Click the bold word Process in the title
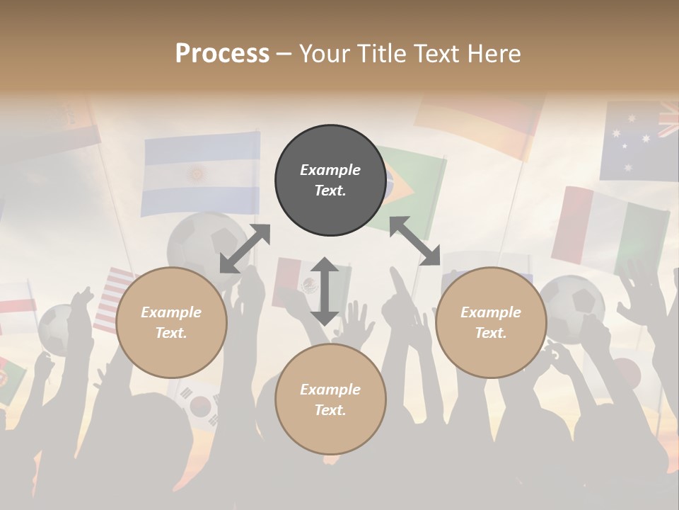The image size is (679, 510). pos(222,54)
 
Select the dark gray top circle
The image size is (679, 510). pos(330,180)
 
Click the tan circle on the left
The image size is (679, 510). pos(171,322)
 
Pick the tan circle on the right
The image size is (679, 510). pos(491,322)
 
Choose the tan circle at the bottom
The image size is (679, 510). pos(330,399)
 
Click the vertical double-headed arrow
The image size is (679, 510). pos(325,291)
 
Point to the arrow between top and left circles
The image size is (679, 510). pos(245,249)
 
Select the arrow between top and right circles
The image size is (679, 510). pos(415,241)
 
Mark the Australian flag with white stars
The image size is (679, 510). pos(639,142)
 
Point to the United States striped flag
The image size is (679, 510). pos(113,297)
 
